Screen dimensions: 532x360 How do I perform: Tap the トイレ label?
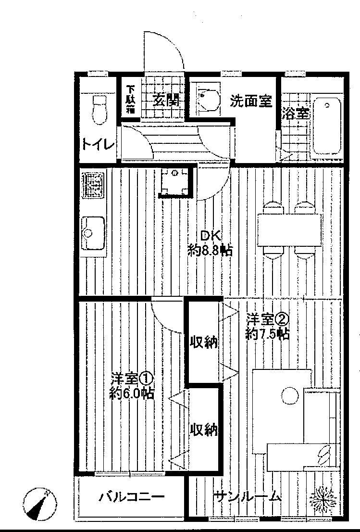pos(99,144)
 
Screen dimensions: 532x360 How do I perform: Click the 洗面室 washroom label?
pos(250,101)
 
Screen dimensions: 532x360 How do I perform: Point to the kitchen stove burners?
pos(93,186)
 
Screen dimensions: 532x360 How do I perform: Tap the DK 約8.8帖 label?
pos(211,243)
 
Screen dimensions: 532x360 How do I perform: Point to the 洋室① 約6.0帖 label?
pos(132,385)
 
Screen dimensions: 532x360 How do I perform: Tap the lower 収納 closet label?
pos(204,429)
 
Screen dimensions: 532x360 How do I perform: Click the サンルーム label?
pos(248,496)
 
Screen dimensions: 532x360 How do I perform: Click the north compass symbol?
pos(39,504)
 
